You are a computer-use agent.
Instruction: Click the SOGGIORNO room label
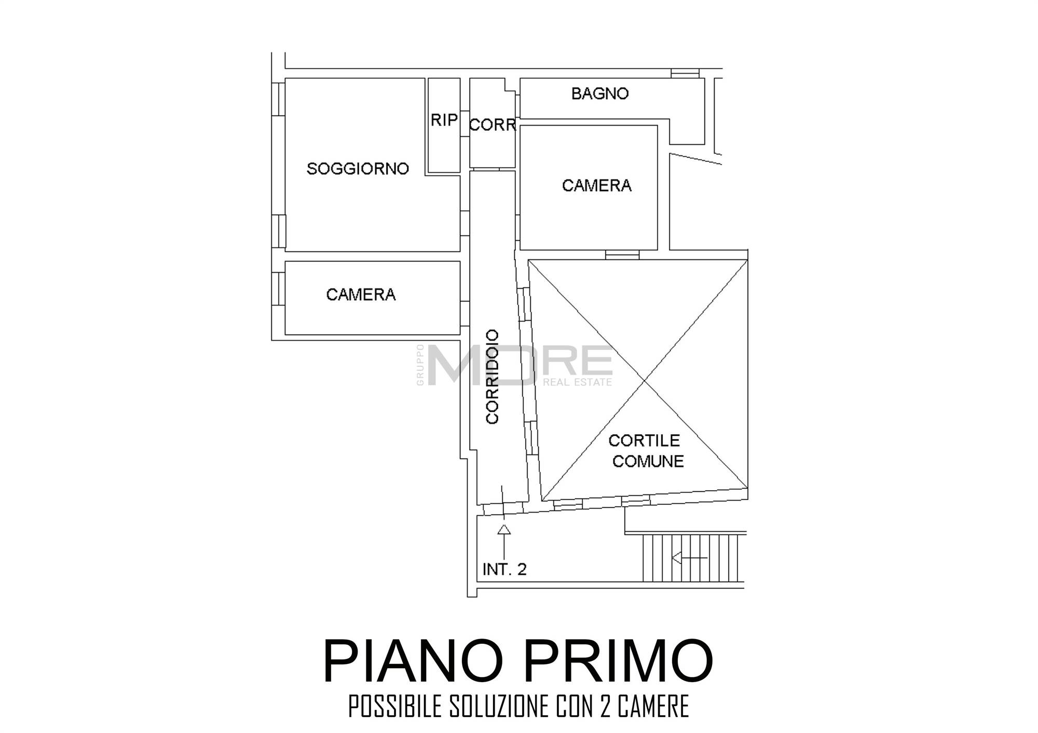pos(358,169)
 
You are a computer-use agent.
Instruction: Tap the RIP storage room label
pos(444,120)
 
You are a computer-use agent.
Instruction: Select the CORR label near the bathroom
pos(493,125)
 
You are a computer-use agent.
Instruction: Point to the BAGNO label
pos(600,93)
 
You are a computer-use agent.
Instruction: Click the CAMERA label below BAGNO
pos(597,185)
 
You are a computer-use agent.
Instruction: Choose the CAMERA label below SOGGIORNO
pos(361,295)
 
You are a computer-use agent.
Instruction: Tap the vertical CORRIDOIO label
pos(492,377)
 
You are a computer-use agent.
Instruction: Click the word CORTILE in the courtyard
pos(644,440)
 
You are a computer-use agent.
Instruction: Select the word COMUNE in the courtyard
pos(648,461)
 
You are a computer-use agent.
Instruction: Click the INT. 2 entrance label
pos(504,569)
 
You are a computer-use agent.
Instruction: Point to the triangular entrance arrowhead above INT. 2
pos(504,529)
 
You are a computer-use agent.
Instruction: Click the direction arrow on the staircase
pos(689,558)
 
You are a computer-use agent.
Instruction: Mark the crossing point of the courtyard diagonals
pos(644,381)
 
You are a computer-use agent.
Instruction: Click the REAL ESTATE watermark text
pos(577,382)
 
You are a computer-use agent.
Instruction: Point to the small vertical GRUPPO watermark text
pos(420,365)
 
